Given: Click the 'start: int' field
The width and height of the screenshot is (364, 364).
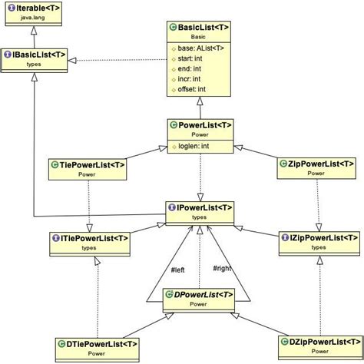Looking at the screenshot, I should coord(190,58).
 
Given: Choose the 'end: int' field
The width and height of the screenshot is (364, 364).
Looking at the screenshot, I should coord(188,68).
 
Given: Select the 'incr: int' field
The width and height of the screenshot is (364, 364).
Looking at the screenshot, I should coord(189,78).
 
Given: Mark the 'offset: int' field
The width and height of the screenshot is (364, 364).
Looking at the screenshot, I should coord(191,89).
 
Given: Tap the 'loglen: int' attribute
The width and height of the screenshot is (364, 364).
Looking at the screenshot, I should coord(194,144).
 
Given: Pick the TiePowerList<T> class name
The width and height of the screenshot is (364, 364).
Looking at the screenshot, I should coord(87,164).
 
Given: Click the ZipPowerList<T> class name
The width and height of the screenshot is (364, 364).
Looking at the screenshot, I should coord(321,164).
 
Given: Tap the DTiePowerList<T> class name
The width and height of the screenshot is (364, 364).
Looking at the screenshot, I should coord(97,343).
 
